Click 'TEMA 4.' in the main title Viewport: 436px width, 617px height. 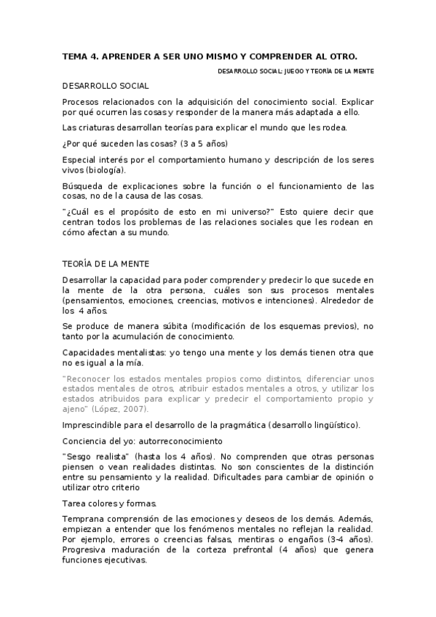click(82, 55)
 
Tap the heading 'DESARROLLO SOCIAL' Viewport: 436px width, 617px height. click(106, 85)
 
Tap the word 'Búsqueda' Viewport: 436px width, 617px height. click(82, 186)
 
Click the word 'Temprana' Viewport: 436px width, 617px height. click(83, 519)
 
